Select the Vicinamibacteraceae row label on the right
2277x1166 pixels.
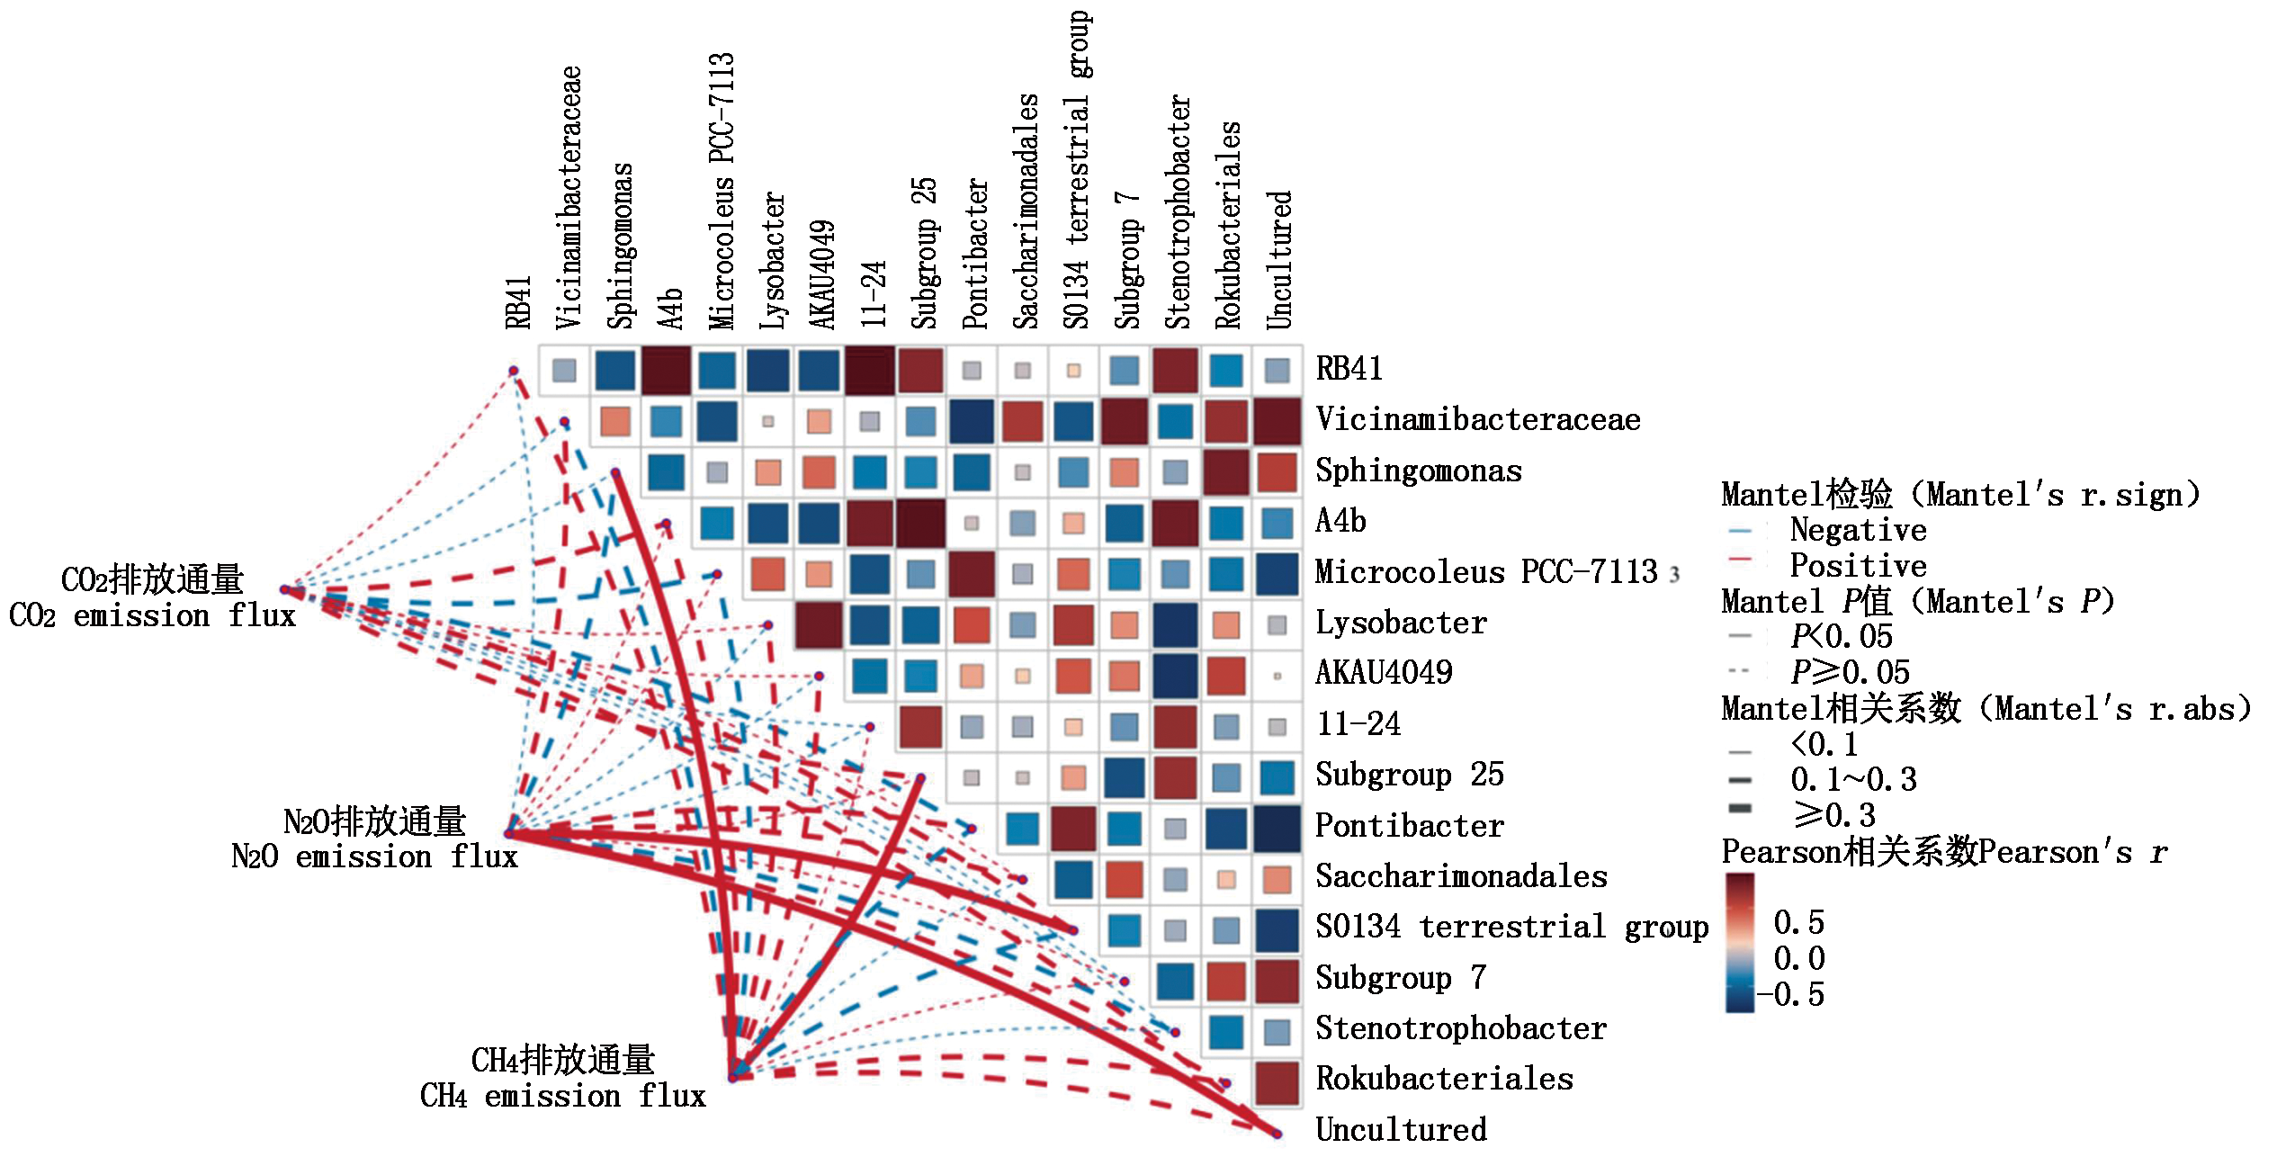[x=1477, y=420]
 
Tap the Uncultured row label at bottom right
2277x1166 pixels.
[x=1401, y=1130]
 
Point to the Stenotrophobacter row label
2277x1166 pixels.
[x=1460, y=1028]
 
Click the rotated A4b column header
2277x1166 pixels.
[x=670, y=309]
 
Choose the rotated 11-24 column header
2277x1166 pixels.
[x=874, y=294]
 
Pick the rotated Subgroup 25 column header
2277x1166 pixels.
[x=925, y=253]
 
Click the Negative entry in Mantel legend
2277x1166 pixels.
[x=1858, y=531]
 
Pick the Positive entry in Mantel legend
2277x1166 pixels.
[x=1858, y=566]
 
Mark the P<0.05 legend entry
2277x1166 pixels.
[x=1841, y=637]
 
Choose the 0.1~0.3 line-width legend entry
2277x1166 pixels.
[x=1853, y=779]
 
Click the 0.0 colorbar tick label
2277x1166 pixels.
[x=1799, y=959]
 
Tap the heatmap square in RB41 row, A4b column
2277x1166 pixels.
[x=667, y=370]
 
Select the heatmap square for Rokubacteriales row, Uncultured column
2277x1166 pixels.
[x=1277, y=1083]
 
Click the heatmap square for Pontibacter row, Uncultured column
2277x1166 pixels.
[x=1277, y=829]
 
